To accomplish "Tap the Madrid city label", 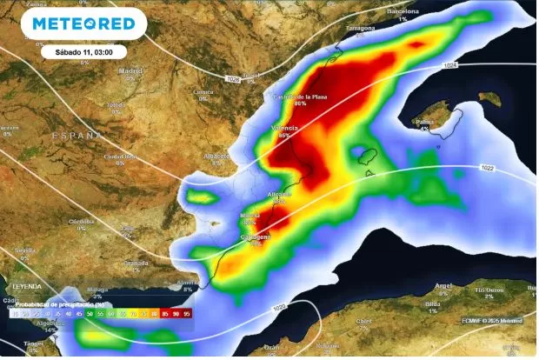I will click(130, 70).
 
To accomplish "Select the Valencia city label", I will click(286, 128).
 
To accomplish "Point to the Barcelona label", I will click(403, 11).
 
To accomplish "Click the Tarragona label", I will click(361, 28).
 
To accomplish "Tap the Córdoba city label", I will click(81, 221).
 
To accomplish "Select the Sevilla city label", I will click(24, 250).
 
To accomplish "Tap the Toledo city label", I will click(115, 104).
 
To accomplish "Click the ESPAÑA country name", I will click(76, 137).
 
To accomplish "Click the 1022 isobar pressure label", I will click(486, 168).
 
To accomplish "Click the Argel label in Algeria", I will click(443, 285).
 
